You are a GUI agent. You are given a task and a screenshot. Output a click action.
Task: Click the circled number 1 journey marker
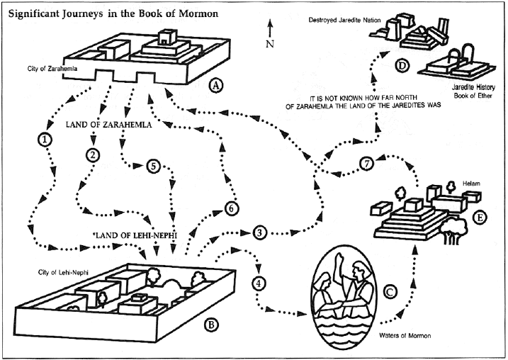point(46,140)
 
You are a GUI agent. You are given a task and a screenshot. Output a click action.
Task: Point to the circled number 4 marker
point(260,283)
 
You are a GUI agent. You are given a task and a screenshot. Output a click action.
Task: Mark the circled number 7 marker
point(366,162)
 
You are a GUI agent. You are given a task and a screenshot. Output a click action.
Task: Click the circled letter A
point(218,86)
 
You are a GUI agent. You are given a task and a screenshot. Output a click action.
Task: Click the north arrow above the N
point(269,28)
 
